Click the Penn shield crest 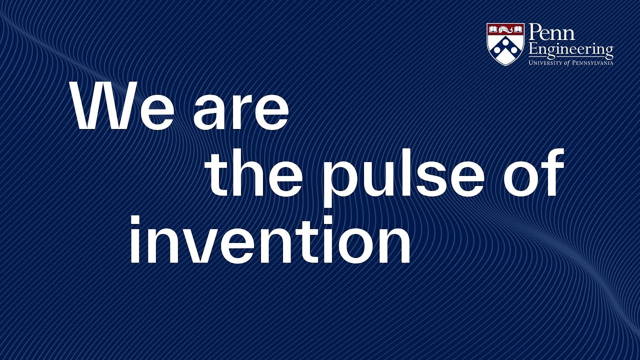(505, 44)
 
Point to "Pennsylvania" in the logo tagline (593, 62)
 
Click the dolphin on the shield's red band (505, 30)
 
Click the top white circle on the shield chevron (505, 43)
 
